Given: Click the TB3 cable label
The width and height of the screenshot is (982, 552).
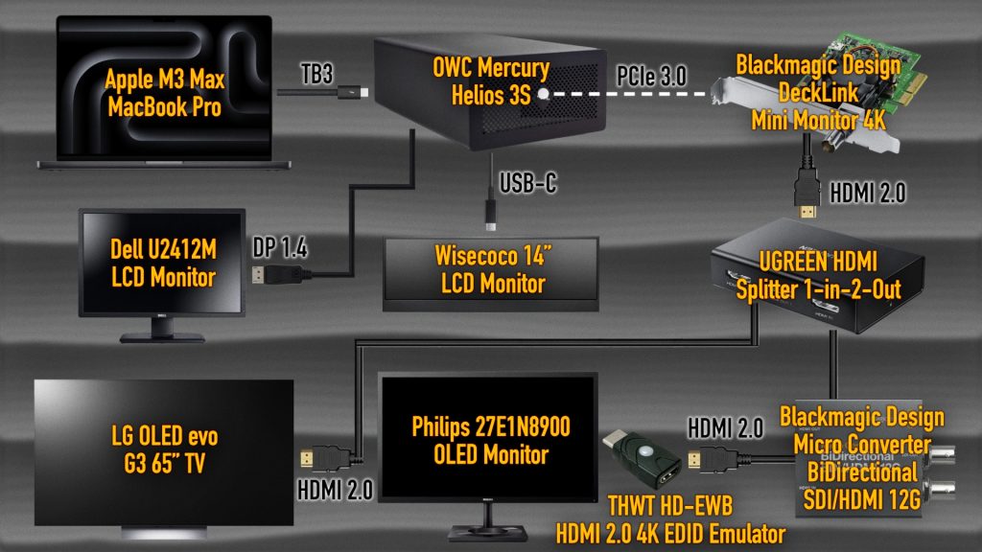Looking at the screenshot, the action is (316, 74).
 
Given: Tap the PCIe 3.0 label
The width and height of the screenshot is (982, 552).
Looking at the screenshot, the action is (651, 77).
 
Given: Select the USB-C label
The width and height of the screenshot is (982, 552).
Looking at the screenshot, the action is (527, 183).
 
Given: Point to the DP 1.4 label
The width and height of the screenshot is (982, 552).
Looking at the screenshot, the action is (279, 248).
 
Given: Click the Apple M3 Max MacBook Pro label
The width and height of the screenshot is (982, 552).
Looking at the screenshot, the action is (165, 93).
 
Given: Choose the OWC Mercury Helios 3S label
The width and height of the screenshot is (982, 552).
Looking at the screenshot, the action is (491, 81).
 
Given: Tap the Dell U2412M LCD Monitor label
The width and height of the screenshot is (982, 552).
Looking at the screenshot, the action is (163, 263).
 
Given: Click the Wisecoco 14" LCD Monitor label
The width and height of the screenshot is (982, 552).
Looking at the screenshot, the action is (493, 269).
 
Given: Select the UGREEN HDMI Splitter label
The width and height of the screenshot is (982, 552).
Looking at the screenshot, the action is (819, 275).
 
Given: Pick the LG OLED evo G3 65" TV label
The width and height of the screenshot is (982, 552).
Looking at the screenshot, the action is (165, 449).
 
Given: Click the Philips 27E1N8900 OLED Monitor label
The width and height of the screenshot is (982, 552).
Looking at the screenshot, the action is (491, 441).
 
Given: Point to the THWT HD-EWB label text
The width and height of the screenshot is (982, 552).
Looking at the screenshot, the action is (670, 506).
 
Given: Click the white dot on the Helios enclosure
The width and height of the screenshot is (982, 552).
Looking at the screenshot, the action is (544, 94).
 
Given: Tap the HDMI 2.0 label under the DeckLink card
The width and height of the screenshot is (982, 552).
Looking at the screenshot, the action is (867, 193).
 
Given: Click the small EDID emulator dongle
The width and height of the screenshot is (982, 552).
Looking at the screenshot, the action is (643, 459).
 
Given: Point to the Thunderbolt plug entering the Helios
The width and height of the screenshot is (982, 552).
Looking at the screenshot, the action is (353, 93).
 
